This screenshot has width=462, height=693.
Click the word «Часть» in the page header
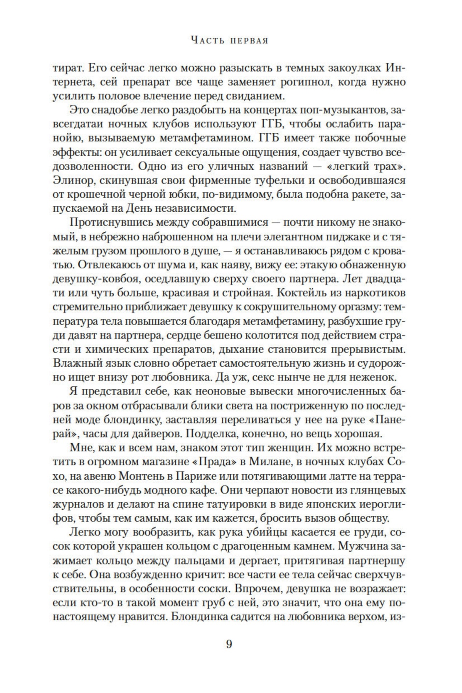pos(207,40)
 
